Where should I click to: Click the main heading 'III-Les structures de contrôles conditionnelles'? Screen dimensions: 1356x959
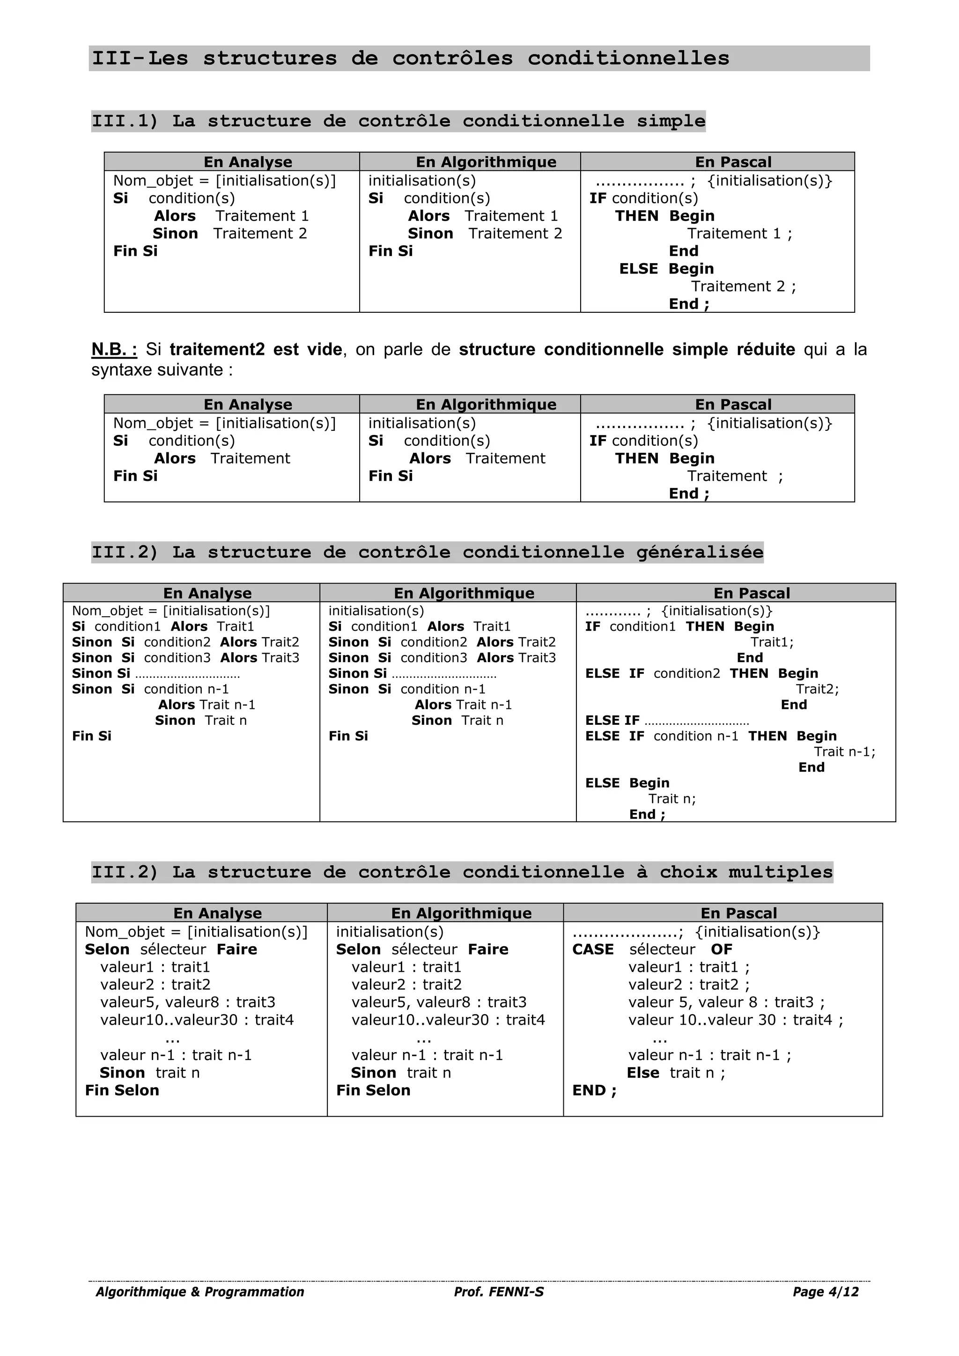[x=410, y=59]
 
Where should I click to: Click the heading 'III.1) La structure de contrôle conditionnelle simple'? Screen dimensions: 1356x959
[x=398, y=121]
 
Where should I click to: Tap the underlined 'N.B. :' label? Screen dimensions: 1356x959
[x=114, y=350]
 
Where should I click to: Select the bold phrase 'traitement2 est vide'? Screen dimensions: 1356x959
[x=255, y=350]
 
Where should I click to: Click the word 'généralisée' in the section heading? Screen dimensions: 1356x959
[x=699, y=552]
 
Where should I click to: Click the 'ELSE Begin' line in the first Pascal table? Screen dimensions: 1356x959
[x=666, y=269]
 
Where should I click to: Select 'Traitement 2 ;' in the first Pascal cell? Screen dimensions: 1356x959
[x=743, y=287]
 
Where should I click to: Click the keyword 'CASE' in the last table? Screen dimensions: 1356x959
[x=592, y=949]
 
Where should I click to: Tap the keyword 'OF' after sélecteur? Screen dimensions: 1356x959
[x=721, y=949]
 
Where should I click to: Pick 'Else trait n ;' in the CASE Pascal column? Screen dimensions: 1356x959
[x=676, y=1073]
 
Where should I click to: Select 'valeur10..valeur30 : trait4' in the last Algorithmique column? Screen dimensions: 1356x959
[x=448, y=1019]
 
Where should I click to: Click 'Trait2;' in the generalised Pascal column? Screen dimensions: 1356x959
[x=817, y=689]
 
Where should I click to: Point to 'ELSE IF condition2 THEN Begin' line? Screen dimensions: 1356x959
[x=701, y=673]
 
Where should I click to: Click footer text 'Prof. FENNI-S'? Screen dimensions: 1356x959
[x=498, y=1292]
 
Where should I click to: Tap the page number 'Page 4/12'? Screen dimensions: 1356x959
[x=825, y=1292]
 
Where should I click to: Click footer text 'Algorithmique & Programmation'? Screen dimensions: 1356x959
[x=199, y=1292]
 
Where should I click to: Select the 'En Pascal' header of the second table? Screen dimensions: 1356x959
[x=733, y=405]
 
